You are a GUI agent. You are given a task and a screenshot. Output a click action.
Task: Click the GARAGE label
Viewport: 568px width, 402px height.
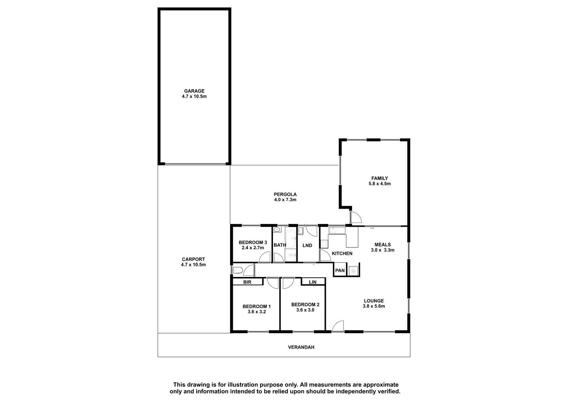(194, 91)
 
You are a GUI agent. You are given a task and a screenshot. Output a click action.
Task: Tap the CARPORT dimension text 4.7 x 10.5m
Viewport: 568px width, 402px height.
(193, 264)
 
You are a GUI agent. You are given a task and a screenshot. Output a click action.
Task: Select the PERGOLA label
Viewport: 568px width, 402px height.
(285, 194)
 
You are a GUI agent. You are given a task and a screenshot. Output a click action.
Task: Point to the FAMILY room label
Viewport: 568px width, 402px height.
(379, 178)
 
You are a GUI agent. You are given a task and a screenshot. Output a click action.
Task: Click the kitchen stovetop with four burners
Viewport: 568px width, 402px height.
(324, 244)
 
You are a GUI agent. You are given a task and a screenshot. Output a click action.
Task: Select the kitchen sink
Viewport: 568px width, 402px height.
(333, 230)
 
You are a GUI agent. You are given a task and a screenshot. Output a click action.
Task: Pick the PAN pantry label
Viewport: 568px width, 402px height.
(340, 270)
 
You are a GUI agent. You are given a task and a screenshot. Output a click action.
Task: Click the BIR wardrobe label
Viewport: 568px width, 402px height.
(247, 282)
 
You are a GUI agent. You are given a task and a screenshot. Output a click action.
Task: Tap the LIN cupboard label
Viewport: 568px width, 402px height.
(313, 282)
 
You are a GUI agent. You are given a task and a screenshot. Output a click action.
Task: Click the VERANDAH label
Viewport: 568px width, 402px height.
(301, 347)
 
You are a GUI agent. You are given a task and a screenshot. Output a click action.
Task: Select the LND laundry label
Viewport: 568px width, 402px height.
(307, 246)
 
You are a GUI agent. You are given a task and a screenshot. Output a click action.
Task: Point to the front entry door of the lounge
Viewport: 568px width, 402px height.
(338, 326)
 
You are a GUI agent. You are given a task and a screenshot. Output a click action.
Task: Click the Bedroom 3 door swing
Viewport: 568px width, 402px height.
(264, 257)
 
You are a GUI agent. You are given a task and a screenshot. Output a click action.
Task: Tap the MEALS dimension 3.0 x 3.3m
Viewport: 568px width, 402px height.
(383, 250)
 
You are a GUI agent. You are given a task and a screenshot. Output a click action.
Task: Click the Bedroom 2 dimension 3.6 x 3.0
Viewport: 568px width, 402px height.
(305, 310)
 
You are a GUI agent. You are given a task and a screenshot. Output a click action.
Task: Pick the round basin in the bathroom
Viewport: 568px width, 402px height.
(277, 230)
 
